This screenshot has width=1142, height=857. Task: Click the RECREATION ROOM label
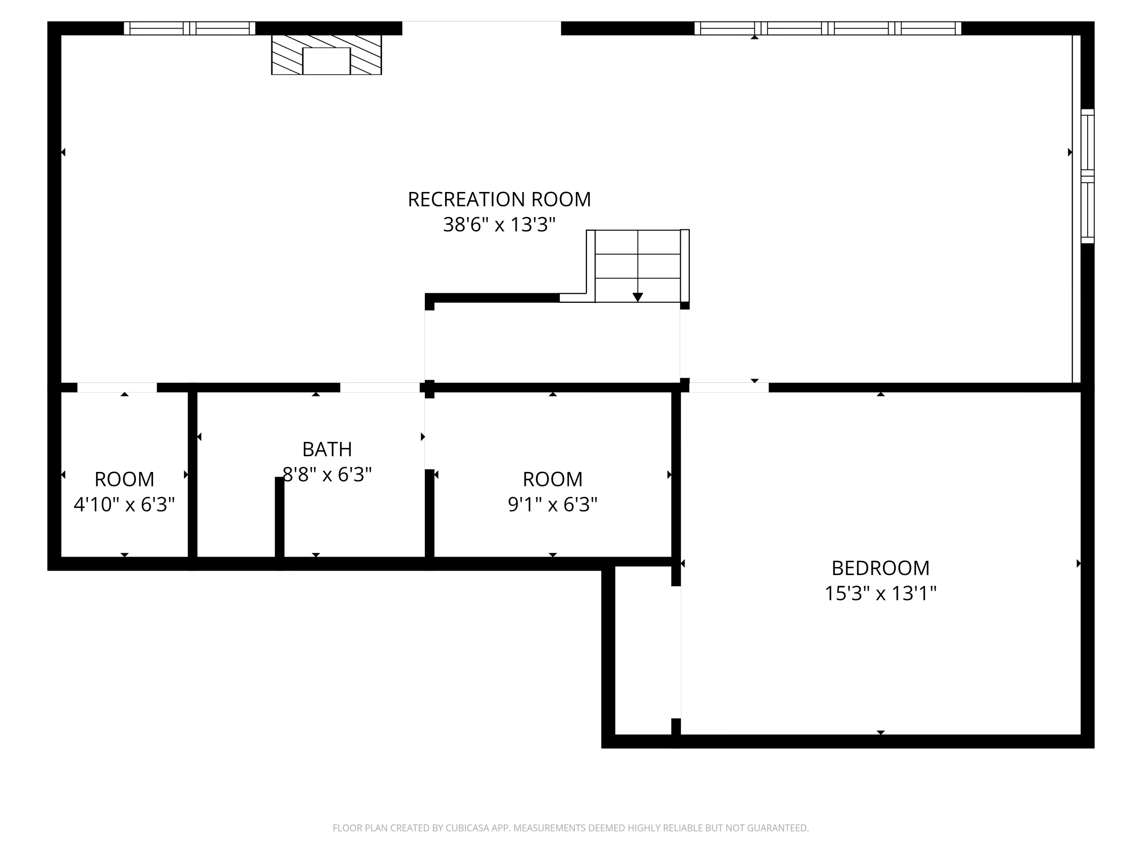(499, 200)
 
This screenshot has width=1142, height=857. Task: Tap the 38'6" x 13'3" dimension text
(499, 225)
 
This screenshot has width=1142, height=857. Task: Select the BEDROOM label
(880, 568)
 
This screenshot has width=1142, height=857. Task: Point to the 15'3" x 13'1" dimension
(880, 593)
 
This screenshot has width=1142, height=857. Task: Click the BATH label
(327, 449)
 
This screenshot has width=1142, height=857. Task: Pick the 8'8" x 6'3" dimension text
(327, 474)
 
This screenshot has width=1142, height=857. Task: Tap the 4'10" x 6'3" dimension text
(124, 504)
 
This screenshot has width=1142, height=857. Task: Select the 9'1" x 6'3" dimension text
(552, 504)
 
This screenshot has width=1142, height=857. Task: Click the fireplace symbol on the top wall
(326, 55)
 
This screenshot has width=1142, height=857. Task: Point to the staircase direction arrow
(638, 296)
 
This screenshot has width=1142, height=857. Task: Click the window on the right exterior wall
(1087, 176)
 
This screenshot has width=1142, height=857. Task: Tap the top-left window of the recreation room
(190, 29)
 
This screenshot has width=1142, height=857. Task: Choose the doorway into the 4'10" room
(117, 387)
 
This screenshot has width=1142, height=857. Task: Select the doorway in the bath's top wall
(380, 387)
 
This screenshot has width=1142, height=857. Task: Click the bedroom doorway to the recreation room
(729, 387)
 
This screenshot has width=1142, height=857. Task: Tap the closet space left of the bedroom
(643, 651)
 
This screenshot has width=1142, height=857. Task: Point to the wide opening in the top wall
(481, 29)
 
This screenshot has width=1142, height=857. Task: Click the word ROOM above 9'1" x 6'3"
(552, 480)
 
